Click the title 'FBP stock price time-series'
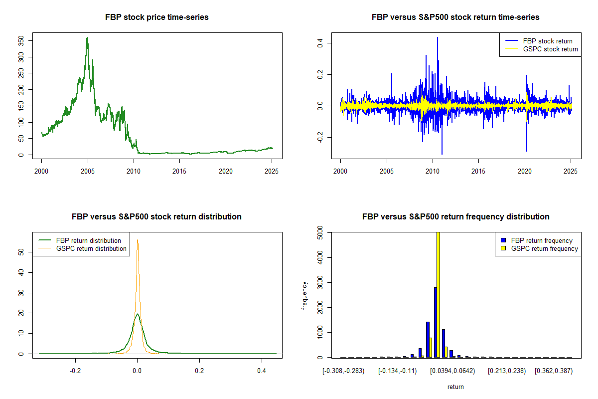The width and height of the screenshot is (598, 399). [x=157, y=17]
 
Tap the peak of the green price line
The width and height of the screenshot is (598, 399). [x=87, y=38]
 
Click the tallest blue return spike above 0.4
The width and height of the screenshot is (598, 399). [x=437, y=38]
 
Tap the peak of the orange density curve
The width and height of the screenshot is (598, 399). [x=138, y=239]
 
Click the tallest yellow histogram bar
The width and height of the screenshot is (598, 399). [x=439, y=294]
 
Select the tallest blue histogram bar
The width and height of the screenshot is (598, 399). [x=435, y=322]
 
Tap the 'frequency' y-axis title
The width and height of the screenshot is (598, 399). [x=305, y=295]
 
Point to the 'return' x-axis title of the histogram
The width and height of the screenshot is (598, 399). [x=455, y=387]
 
